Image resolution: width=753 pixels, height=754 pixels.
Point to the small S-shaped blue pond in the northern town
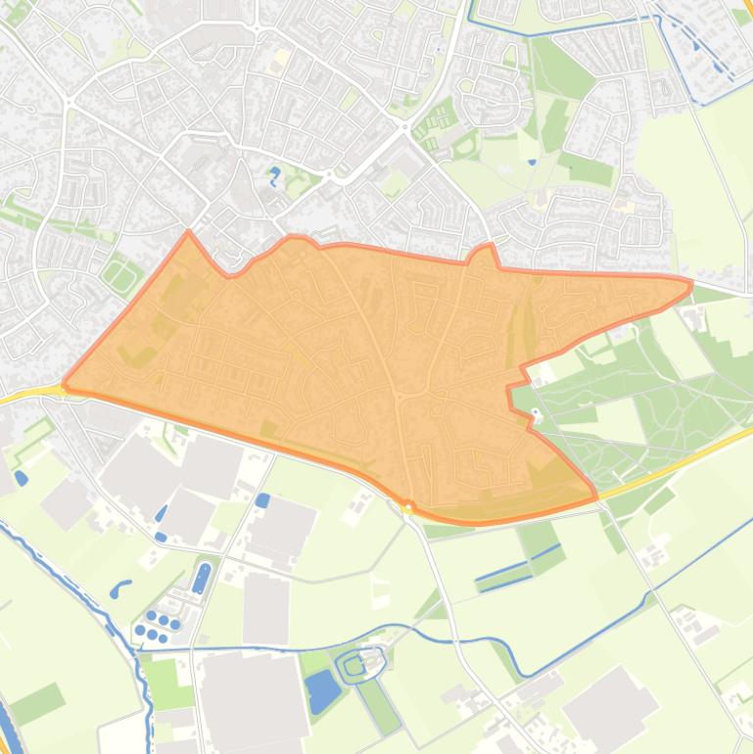(274, 177)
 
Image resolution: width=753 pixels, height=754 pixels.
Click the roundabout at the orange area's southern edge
(408, 507)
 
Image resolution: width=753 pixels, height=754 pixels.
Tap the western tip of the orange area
(65, 386)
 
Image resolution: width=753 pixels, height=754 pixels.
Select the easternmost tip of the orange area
(691, 285)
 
